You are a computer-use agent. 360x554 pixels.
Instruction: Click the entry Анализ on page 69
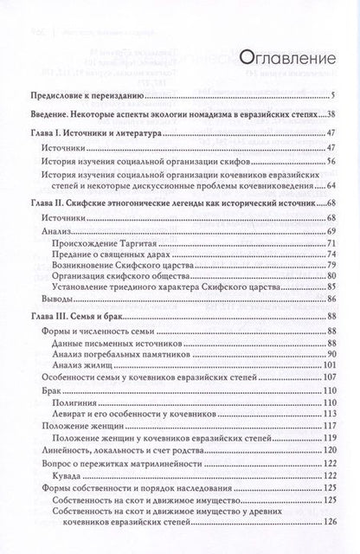point(56,235)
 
